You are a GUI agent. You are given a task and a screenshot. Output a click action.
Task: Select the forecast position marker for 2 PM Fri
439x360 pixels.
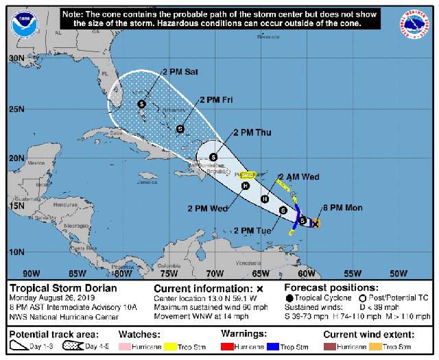click(x=180, y=128)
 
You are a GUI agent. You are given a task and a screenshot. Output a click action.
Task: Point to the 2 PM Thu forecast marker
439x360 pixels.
click(x=213, y=157)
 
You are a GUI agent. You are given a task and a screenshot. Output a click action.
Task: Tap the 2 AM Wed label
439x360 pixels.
click(x=300, y=176)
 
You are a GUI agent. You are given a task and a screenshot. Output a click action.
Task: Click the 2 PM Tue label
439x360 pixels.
click(x=252, y=229)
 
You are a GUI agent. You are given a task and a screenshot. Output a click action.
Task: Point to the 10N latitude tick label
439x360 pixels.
click(x=16, y=252)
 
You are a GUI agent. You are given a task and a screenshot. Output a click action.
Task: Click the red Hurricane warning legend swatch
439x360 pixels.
click(x=229, y=347)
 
